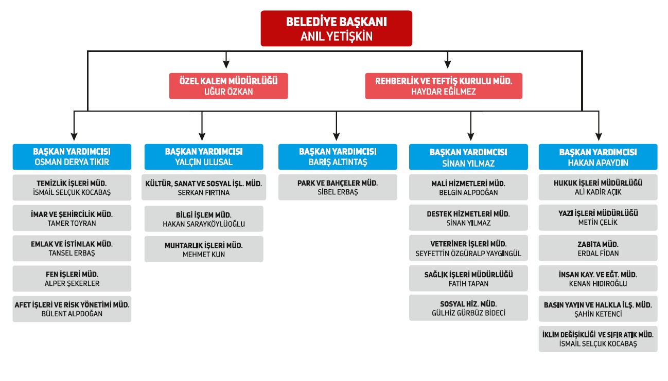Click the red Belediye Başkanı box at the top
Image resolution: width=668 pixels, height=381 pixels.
click(x=336, y=29)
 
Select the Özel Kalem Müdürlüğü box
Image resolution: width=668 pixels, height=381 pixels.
click(x=228, y=86)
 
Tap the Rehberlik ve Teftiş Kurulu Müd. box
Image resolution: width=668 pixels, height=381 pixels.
click(x=443, y=86)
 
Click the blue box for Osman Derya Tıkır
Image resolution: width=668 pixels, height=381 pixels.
click(x=72, y=157)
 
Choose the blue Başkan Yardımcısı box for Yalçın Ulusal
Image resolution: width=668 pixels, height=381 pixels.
click(x=203, y=157)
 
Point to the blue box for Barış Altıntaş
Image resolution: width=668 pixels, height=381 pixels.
click(x=338, y=157)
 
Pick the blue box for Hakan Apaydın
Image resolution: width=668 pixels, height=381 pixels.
click(x=597, y=157)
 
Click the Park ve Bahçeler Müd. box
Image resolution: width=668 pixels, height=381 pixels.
click(x=338, y=187)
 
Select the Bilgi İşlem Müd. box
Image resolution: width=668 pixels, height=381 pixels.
click(x=203, y=219)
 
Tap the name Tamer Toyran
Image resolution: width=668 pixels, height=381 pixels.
click(x=72, y=223)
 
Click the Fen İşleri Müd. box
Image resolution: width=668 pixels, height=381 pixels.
click(x=72, y=278)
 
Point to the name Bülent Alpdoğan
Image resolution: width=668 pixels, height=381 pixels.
click(x=72, y=314)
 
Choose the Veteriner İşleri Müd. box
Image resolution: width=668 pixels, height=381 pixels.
click(x=468, y=248)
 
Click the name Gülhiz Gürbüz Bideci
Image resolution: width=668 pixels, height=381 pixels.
click(x=468, y=313)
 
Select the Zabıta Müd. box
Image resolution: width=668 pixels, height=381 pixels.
click(x=597, y=248)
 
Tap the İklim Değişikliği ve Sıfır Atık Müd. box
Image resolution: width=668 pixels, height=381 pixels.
click(x=597, y=339)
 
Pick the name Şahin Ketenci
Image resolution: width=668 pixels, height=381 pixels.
click(x=597, y=314)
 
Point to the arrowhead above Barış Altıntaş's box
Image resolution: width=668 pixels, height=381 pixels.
click(x=336, y=136)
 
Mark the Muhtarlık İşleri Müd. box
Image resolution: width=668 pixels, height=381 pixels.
click(x=203, y=249)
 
